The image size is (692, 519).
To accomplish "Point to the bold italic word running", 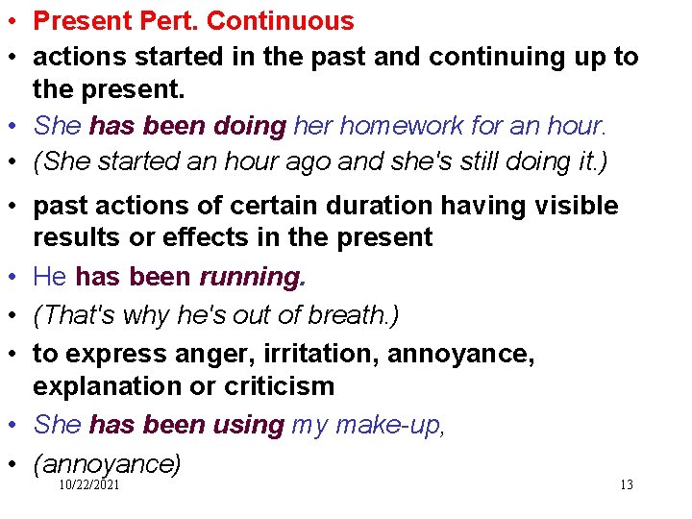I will point(251,277).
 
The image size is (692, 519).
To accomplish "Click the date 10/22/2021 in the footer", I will point(89,485).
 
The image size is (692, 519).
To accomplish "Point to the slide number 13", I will point(627,485).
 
